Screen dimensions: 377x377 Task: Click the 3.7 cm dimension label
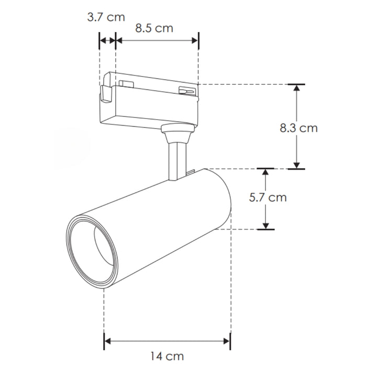point(106,17)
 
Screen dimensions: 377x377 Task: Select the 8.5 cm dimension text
point(154,28)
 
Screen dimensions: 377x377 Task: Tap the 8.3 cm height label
point(298,127)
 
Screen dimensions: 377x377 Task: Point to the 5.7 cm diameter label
point(268,197)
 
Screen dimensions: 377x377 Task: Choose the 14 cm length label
point(167,357)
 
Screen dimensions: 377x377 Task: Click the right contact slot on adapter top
point(187,91)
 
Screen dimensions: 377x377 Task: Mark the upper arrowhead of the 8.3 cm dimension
point(296,88)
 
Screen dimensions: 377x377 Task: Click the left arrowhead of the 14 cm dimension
point(108,341)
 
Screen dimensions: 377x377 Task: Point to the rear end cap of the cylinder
point(220,199)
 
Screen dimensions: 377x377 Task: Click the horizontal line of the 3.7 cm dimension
point(107,40)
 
